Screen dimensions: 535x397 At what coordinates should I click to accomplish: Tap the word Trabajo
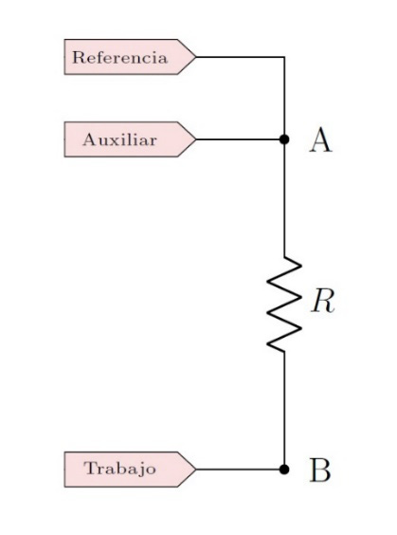120,469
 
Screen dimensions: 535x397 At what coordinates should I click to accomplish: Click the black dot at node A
283,139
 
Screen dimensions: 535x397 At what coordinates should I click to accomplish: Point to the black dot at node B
283,469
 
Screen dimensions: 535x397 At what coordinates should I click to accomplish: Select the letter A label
321,141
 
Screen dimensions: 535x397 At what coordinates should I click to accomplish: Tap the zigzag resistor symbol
284,304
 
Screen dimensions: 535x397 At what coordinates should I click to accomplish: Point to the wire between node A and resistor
284,199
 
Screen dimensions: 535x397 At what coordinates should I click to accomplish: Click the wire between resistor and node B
284,408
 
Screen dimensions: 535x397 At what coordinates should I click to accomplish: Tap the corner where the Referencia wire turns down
284,57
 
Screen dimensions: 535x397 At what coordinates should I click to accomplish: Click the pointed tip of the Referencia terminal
195,57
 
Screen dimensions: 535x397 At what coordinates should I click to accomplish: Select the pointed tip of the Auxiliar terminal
195,139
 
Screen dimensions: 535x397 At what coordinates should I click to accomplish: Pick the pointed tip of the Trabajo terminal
195,469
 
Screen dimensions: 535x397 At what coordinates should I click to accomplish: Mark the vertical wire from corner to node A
284,98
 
